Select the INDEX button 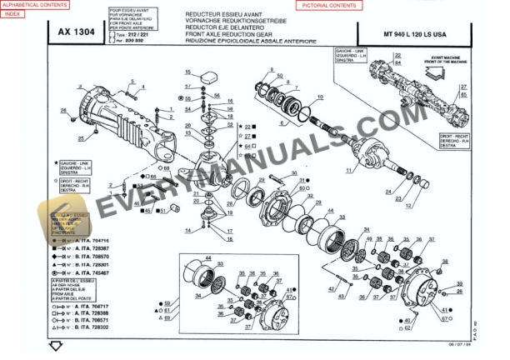14,13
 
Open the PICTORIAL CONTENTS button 327,5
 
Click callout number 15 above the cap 188,72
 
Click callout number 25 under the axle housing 80,138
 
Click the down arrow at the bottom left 56,346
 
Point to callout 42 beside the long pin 330,290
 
